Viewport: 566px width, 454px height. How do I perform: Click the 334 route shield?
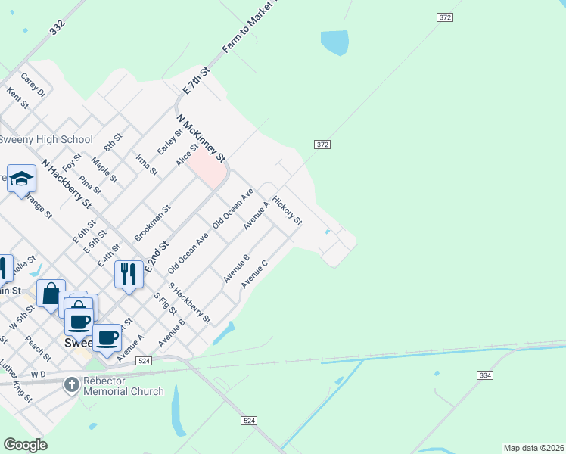click(x=484, y=375)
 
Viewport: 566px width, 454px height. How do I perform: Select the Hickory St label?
click(x=288, y=212)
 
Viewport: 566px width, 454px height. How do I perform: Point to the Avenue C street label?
click(x=254, y=273)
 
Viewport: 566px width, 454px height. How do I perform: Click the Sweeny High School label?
click(x=46, y=139)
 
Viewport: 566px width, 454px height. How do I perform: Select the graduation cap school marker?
click(x=22, y=179)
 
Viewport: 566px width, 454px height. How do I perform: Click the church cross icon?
click(x=71, y=385)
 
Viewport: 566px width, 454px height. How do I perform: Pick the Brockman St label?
click(x=153, y=222)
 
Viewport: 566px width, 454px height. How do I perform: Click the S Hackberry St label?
click(x=189, y=303)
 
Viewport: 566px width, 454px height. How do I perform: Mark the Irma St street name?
click(x=146, y=164)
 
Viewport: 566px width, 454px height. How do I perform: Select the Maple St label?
click(x=104, y=170)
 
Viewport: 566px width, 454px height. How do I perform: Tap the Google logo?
click(x=25, y=445)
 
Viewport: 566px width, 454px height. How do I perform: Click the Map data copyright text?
click(x=533, y=448)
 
